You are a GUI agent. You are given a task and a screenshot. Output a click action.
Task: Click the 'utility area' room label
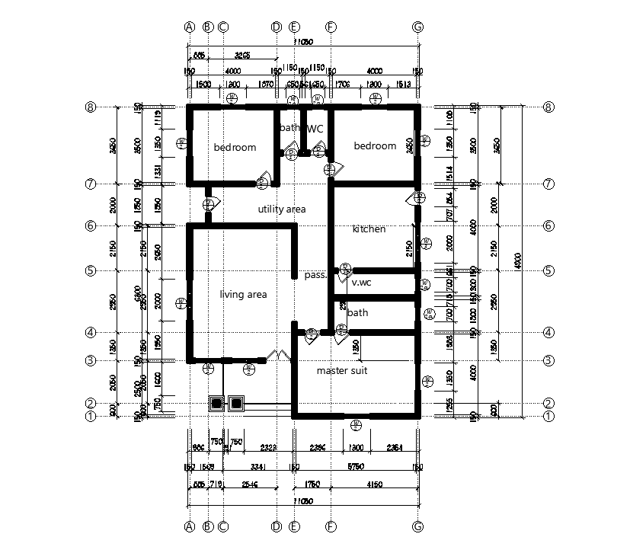281,209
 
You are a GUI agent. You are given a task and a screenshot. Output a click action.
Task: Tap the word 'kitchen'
369,229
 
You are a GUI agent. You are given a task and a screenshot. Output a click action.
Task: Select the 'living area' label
243,294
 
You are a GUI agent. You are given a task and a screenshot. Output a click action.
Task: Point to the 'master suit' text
342,370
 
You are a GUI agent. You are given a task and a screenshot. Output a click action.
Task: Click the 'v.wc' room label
361,283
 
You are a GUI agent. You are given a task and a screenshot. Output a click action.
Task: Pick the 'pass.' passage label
315,275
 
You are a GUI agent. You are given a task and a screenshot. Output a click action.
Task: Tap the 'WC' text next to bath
315,129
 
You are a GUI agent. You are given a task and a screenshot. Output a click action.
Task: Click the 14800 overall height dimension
519,261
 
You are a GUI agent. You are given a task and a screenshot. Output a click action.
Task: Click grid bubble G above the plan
417,27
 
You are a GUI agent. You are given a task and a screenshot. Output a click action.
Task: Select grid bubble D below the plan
277,526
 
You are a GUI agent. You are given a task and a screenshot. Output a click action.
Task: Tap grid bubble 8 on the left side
91,107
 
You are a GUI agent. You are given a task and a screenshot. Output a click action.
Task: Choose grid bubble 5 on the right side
548,270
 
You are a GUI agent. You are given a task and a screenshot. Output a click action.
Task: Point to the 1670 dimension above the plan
266,85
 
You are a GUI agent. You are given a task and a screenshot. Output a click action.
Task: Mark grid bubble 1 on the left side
91,416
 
